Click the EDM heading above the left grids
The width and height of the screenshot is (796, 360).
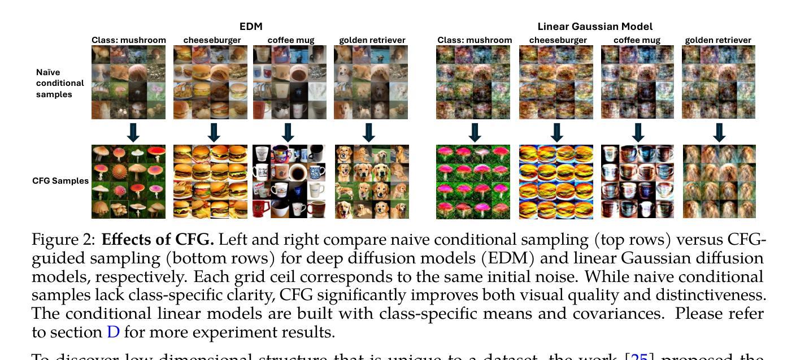(251, 27)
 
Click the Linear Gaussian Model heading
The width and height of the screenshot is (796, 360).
(595, 27)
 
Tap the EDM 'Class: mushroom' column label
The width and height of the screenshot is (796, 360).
(129, 40)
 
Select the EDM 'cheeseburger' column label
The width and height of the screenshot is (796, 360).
(212, 40)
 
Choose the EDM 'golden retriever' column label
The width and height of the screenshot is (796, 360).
(372, 40)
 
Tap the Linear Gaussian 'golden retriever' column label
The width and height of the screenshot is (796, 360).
(718, 40)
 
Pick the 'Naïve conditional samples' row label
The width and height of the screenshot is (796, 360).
(60, 83)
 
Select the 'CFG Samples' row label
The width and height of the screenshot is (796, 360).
(60, 181)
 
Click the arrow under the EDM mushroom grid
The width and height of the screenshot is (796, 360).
(133, 133)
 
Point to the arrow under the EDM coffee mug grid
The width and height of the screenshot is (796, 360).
(288, 133)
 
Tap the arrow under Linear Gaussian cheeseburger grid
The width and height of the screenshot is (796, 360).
(556, 133)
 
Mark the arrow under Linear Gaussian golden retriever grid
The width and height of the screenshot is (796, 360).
(719, 133)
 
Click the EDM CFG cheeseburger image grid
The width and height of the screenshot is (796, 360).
(210, 181)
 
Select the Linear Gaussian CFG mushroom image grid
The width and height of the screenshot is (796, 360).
(473, 181)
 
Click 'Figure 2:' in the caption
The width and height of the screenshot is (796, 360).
(64, 240)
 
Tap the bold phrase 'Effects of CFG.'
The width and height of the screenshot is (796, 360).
(158, 240)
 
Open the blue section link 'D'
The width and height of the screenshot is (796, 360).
(113, 332)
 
